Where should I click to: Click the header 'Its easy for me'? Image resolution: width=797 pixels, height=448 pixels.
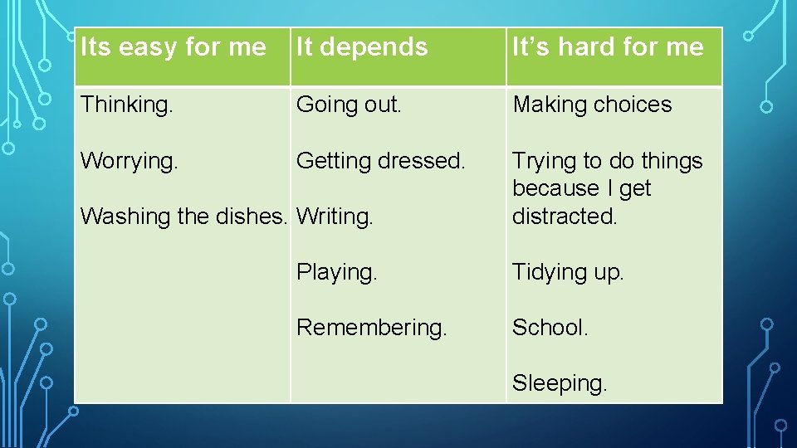tap(173, 47)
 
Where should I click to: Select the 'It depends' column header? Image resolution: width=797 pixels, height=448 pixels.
tap(362, 47)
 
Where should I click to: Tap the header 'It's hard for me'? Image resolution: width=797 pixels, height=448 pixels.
tap(608, 47)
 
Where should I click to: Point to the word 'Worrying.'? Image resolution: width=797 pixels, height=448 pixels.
tap(129, 161)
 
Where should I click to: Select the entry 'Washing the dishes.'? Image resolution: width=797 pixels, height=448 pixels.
tap(183, 217)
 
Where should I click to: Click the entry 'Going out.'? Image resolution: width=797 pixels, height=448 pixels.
tap(349, 105)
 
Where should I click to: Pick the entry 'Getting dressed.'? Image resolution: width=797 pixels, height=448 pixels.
tap(381, 161)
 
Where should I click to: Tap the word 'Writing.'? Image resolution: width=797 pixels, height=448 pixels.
tap(335, 217)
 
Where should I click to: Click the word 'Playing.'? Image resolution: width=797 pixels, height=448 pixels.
tap(336, 272)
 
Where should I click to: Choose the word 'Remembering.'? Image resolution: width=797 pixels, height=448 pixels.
tap(371, 328)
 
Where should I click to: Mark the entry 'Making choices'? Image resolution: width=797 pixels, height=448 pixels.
tap(592, 105)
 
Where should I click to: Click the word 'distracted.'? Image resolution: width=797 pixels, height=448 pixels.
tap(565, 216)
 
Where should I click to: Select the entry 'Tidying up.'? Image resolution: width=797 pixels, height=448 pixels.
tap(568, 272)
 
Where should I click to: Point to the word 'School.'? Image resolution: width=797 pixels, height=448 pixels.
tap(550, 328)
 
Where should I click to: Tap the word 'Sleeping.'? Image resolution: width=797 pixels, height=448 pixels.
tap(560, 383)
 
